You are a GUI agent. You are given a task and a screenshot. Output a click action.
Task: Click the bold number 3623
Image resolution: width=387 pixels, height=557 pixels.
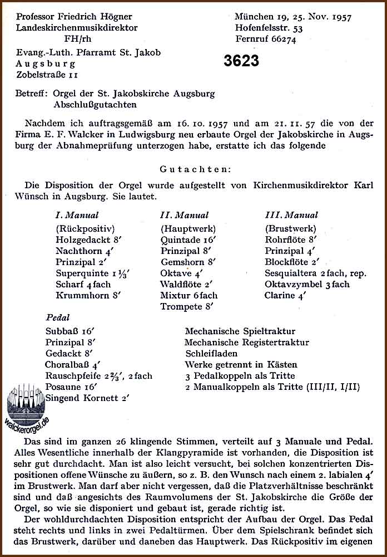click(x=241, y=61)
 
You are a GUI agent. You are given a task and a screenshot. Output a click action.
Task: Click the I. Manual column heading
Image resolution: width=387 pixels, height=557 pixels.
click(x=77, y=215)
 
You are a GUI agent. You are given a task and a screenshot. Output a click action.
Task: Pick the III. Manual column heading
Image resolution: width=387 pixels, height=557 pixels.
click(x=291, y=215)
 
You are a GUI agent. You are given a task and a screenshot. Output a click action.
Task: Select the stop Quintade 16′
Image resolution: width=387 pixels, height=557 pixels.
click(x=187, y=240)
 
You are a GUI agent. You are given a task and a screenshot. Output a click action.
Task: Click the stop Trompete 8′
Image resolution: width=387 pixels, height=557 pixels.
click(x=187, y=306)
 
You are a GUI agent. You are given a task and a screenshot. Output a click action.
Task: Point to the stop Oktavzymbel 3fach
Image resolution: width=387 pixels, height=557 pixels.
click(x=307, y=284)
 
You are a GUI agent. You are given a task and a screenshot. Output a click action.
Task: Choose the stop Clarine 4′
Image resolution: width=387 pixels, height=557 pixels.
click(x=286, y=295)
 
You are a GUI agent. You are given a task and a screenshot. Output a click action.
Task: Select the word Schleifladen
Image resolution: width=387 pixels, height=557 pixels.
click(x=211, y=353)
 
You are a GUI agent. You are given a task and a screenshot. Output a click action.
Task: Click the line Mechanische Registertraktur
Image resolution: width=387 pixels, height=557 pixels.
click(x=246, y=342)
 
